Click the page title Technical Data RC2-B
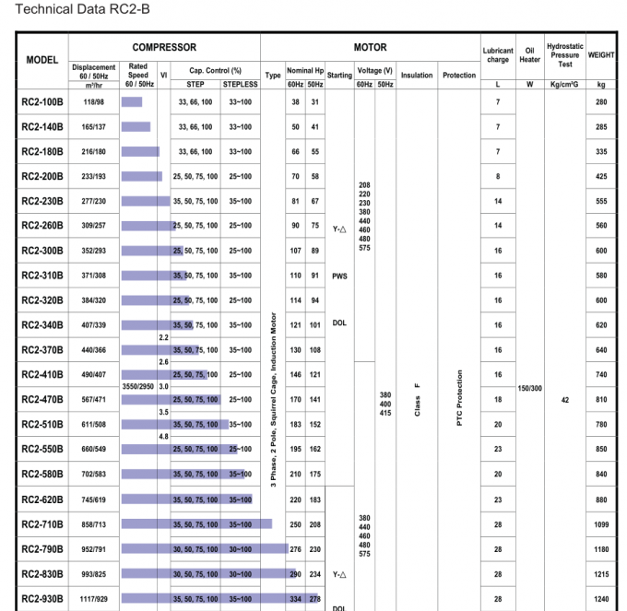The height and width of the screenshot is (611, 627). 62,10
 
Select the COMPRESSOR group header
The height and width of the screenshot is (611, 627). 164,47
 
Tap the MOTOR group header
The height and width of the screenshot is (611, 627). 370,47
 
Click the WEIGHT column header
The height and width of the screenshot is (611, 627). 601,55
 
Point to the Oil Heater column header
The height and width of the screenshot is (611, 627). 529,55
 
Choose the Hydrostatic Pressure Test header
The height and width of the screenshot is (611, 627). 563,55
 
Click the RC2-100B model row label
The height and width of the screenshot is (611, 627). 42,101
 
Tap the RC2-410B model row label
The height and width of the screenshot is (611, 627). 42,375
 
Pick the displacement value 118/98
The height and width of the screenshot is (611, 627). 93,101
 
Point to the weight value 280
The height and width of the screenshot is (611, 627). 601,101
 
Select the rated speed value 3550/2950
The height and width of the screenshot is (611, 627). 137,387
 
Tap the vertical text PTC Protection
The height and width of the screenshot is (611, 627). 458,398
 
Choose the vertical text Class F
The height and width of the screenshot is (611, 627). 417,398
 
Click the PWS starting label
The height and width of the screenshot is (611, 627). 338,276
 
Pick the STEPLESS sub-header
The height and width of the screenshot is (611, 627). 240,84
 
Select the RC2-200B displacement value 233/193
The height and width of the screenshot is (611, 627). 93,176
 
